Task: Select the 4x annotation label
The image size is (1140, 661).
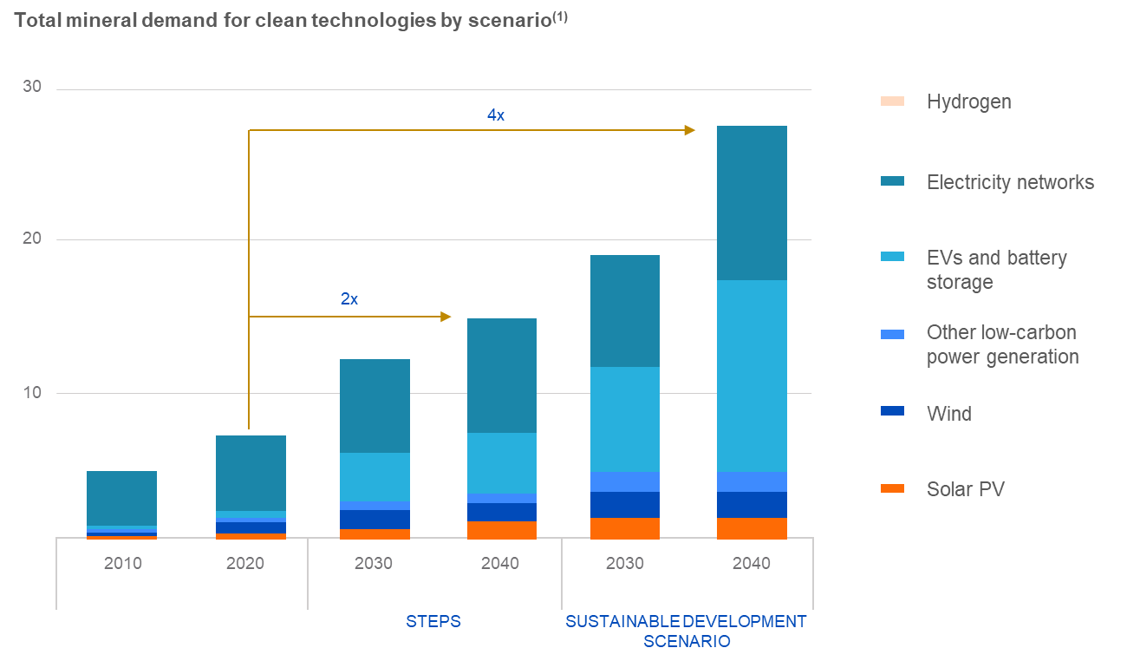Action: tap(495, 115)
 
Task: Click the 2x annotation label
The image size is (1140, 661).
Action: tap(349, 299)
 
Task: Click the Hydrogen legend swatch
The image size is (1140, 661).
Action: tap(892, 101)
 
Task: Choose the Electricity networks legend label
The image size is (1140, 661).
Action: tap(1010, 182)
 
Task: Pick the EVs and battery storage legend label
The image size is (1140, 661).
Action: tap(996, 270)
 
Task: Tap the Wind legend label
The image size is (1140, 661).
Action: tap(948, 414)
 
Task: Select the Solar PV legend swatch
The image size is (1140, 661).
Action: tap(892, 489)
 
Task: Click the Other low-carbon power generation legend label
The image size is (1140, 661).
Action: tap(1002, 344)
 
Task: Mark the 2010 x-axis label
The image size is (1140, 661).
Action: tap(122, 563)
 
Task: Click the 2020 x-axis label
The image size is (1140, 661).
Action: tap(244, 563)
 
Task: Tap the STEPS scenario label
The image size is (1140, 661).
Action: tap(433, 621)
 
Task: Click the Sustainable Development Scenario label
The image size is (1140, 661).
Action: tap(686, 632)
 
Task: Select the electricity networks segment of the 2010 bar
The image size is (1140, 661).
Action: tap(121, 498)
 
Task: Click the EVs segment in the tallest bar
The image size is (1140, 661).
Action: tap(752, 376)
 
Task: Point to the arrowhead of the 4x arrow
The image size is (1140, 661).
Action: tap(690, 130)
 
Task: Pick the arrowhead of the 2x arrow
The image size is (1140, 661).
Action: tap(446, 317)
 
